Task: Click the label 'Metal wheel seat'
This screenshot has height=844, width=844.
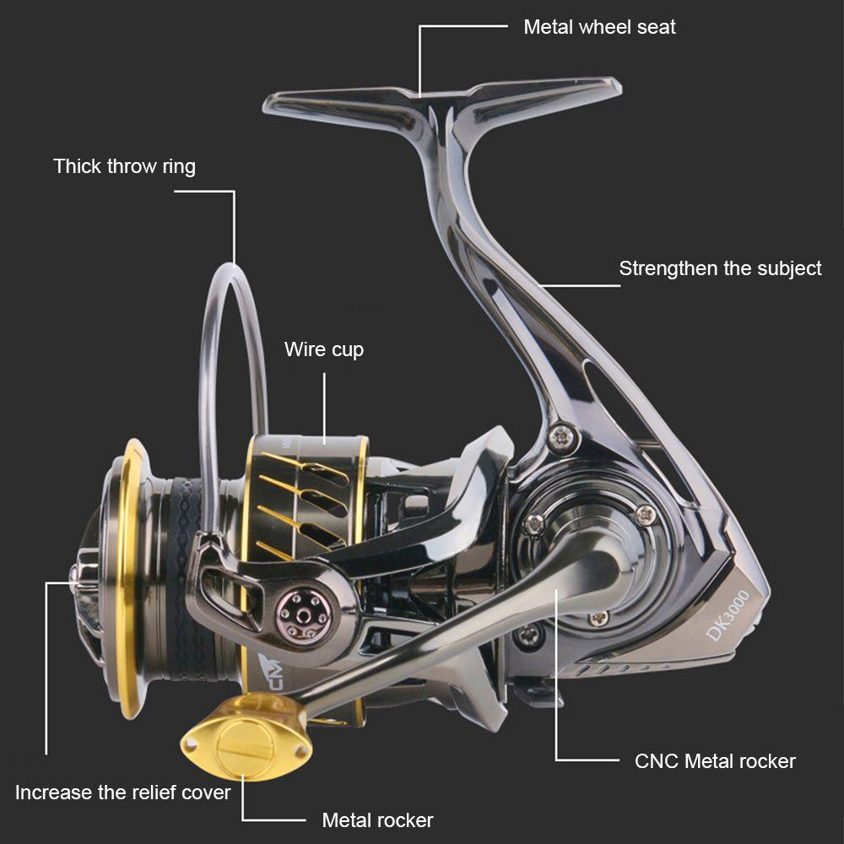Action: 599,27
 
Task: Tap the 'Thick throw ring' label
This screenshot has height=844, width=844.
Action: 124,166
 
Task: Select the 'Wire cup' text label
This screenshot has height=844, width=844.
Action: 324,349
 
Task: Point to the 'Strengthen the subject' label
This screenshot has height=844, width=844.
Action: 720,269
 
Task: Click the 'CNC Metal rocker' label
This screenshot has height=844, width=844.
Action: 715,761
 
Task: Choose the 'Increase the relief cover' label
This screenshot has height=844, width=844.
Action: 122,793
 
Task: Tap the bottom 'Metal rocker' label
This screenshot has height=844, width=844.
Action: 377,820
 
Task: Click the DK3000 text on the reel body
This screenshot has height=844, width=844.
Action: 728,614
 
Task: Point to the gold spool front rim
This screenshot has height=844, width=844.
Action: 127,574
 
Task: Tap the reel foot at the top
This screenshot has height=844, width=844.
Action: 443,99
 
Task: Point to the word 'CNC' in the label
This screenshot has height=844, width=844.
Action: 656,761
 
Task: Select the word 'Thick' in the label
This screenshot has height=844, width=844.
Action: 78,166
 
